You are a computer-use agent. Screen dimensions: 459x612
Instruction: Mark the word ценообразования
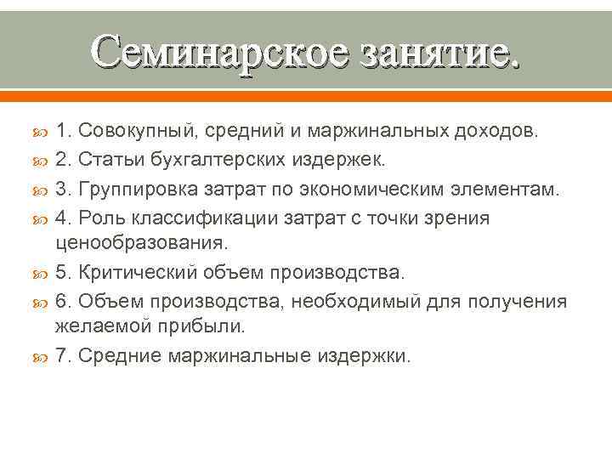(141, 243)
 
